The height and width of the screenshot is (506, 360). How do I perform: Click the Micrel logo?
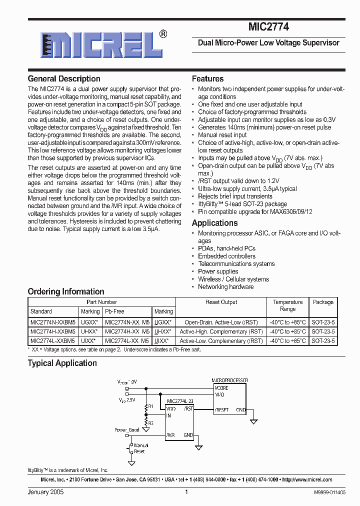[x=98, y=44]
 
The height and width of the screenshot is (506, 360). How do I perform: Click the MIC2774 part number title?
[x=268, y=27]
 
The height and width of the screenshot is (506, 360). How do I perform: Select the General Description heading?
[x=64, y=79]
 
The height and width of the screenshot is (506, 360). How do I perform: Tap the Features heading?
[x=208, y=79]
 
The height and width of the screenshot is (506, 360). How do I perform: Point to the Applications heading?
[x=215, y=223]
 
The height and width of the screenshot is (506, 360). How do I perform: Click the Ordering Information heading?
[x=66, y=291]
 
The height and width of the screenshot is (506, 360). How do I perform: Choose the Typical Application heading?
[x=62, y=363]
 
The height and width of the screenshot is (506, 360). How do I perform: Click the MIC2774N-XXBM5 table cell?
[x=53, y=322]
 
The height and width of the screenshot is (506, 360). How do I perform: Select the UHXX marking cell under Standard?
[x=90, y=331]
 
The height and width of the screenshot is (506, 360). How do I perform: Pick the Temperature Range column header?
[x=288, y=305]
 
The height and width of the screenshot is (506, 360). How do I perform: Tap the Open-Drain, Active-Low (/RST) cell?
[x=221, y=322]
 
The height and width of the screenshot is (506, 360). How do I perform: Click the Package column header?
[x=323, y=302]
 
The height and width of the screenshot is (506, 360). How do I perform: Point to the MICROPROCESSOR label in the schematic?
[x=230, y=380]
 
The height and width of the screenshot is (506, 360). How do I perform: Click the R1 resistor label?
[x=150, y=406]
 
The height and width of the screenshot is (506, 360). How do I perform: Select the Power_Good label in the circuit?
[x=127, y=430]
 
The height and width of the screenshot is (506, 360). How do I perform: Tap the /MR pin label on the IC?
[x=171, y=435]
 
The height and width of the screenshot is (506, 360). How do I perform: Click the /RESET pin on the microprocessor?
[x=221, y=409]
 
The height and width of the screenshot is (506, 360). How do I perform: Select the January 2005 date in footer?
[x=45, y=492]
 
